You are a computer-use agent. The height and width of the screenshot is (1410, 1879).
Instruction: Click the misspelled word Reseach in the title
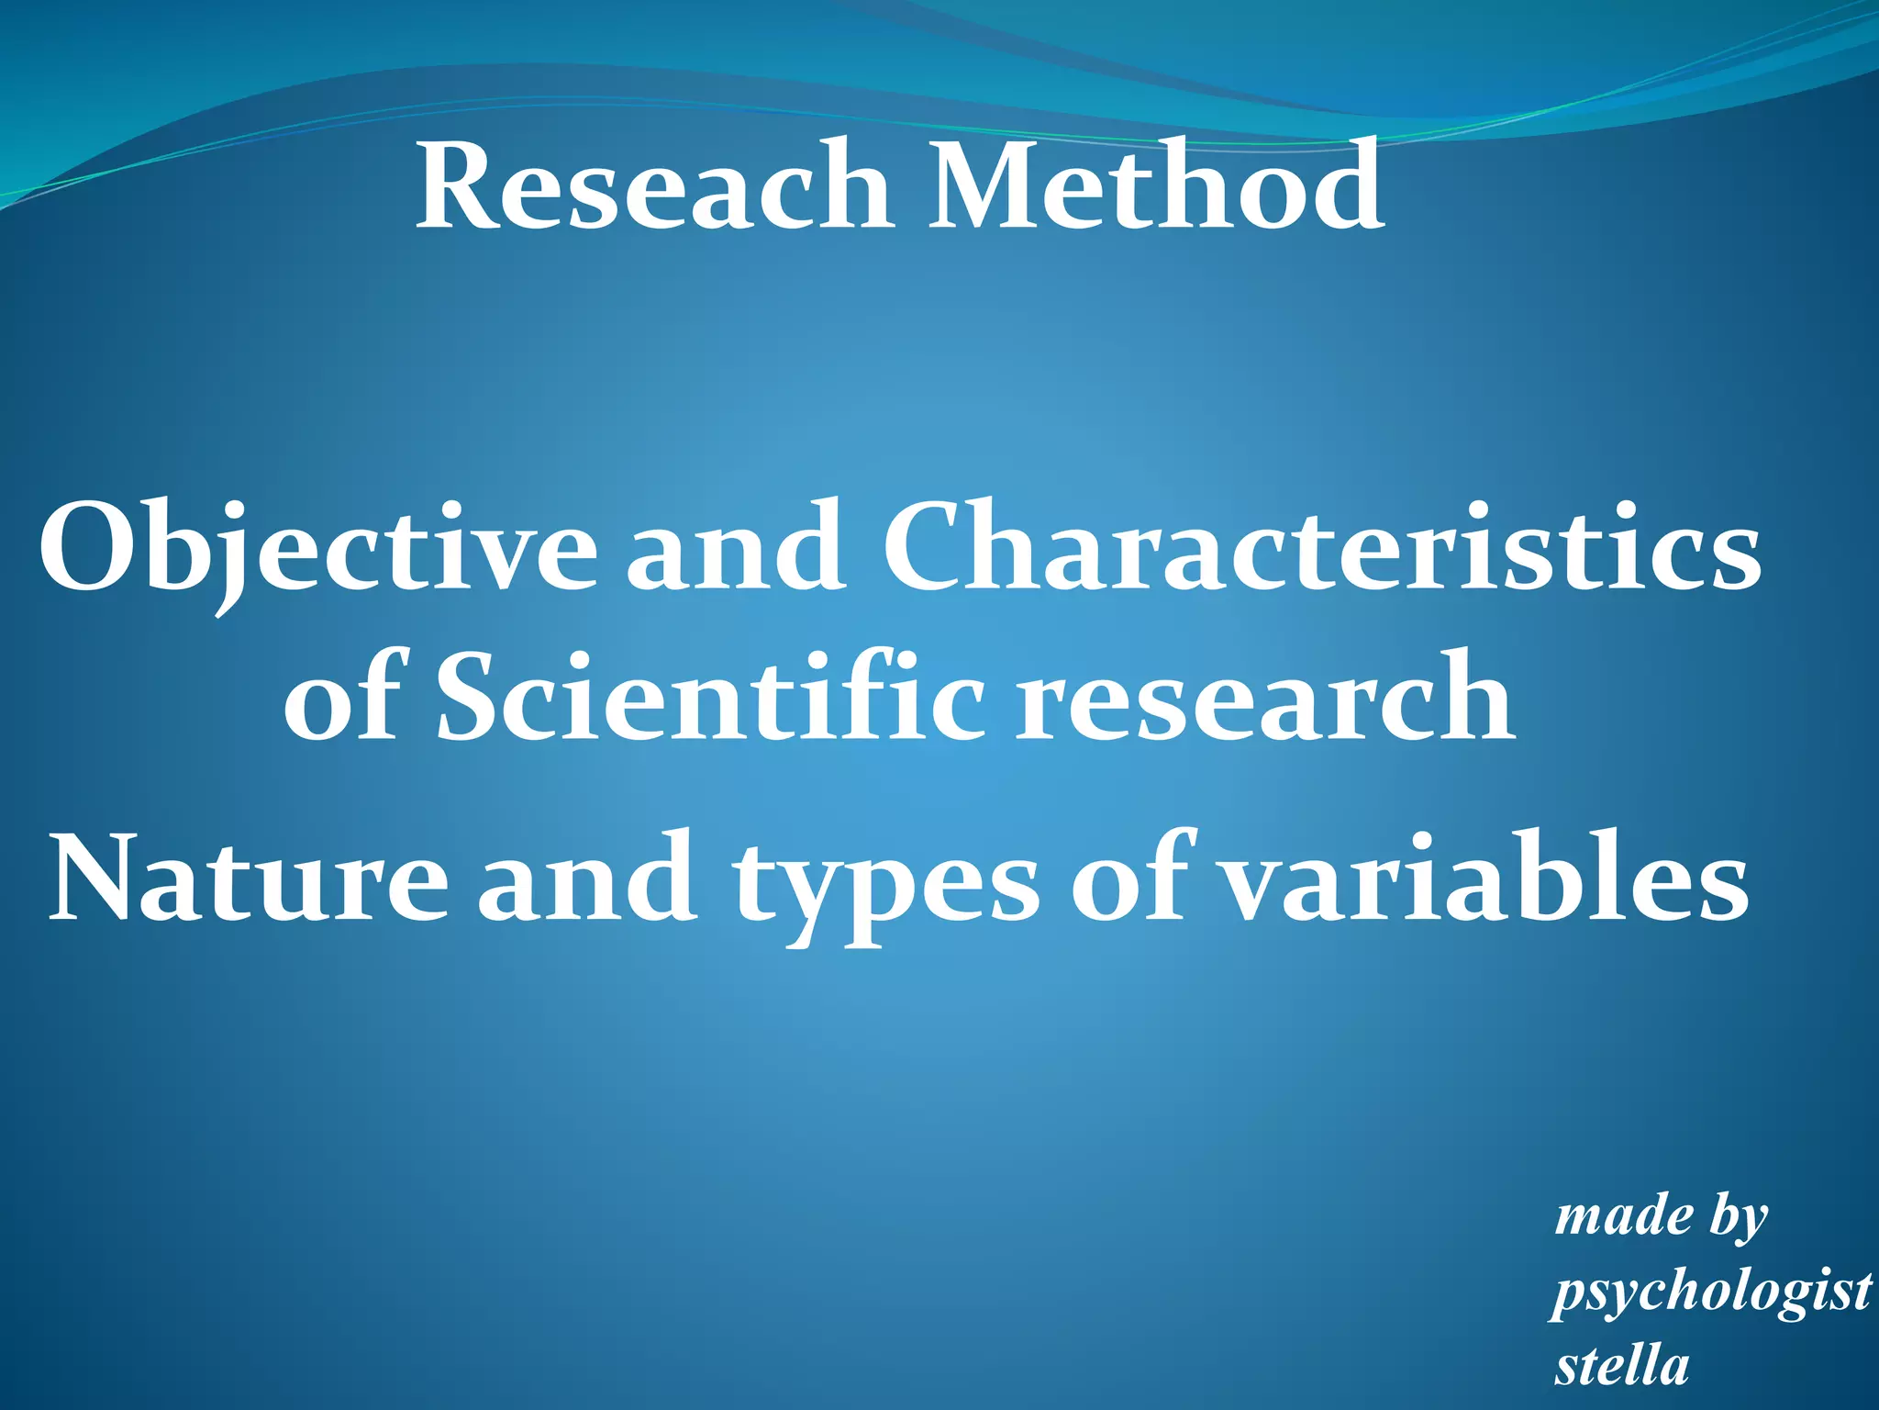click(653, 186)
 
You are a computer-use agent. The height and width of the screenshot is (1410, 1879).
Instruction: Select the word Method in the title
click(1156, 186)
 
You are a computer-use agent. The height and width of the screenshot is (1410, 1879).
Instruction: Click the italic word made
click(1624, 1217)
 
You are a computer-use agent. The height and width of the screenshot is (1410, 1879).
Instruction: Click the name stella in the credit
click(1622, 1365)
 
